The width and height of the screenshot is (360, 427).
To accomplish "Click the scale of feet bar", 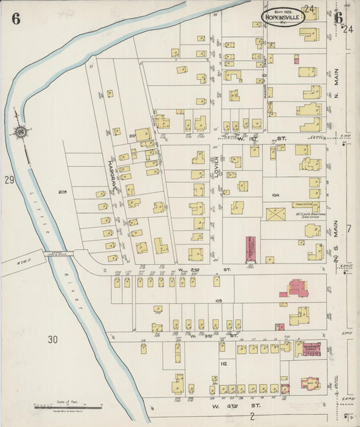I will [68, 407].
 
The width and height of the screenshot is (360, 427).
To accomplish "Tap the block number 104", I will [275, 194].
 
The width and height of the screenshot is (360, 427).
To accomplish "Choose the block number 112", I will [222, 363].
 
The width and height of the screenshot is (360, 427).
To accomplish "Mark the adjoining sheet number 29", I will [9, 180].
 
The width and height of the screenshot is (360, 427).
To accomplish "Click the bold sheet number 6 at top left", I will [16, 18].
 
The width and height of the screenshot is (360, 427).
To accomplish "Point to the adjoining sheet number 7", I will [349, 229].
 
